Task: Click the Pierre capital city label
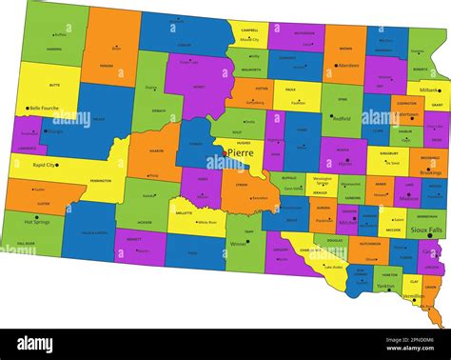242,151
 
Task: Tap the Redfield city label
343,118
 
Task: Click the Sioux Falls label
425,230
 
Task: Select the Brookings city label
429,171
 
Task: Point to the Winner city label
239,242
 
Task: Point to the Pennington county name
100,180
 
